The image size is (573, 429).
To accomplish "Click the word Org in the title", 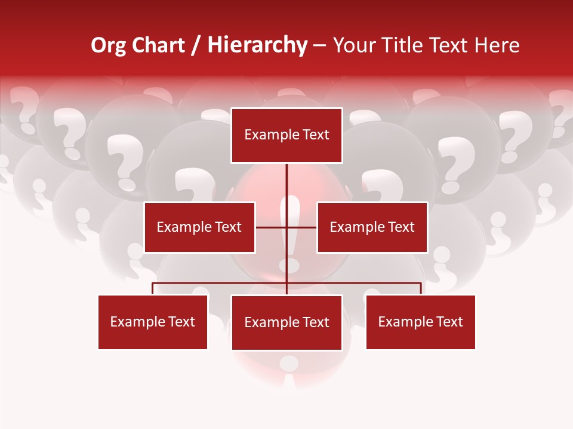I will pos(108,46).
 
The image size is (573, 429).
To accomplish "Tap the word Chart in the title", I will pos(156,46).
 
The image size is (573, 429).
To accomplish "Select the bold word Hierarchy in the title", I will pos(257,46).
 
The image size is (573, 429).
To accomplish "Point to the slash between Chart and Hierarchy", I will pos(196,46).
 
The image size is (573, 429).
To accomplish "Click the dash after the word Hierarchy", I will pos(320,46).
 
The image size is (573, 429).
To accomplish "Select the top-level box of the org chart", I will pos(286,135).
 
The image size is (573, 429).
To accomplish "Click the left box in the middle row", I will pos(199,227).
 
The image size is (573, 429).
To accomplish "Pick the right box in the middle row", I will pos(372,227).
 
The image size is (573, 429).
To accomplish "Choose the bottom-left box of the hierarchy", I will pos(153,322).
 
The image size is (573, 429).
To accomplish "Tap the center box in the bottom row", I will pos(286,322).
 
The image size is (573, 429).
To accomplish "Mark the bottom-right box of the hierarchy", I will pos(420,322).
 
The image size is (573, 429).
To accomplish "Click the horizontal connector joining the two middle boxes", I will pos(272,227).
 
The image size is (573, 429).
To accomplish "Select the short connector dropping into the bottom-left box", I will pos(153,288).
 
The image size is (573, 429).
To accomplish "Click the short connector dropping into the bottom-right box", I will pos(421,288).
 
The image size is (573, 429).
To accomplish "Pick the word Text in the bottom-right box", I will pos(449,322).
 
